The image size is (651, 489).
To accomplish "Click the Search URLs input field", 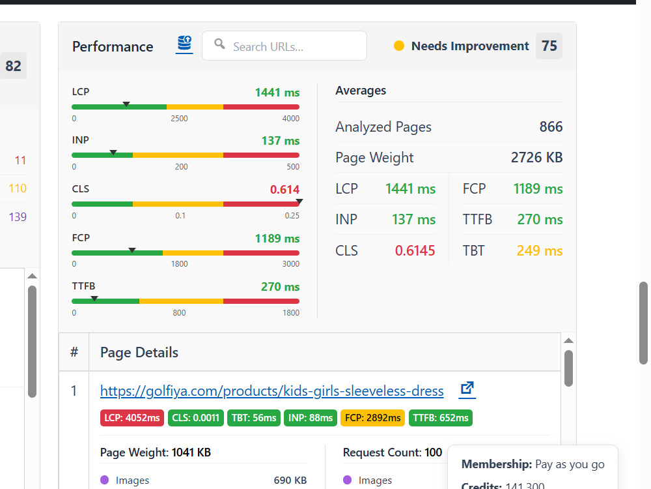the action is pos(284,46).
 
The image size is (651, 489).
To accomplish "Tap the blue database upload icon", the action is pos(184,44).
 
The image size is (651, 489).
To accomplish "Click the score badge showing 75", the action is pos(549,46).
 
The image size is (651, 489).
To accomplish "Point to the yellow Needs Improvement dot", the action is pos(398,46).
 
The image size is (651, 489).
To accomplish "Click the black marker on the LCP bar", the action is pos(126,104).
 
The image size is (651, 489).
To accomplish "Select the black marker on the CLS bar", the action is pos(299,201).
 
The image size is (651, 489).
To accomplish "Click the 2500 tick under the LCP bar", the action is pos(180,119).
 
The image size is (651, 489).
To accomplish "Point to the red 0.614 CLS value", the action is pos(285,190).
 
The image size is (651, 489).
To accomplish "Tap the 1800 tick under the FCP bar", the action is pos(180,264).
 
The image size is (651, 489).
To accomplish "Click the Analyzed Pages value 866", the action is pos(551,126).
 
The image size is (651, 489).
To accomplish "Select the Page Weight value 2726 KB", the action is pos(537,158).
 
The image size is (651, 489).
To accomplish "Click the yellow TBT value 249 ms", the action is pos(540,251).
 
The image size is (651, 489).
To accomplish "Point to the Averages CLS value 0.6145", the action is pos(415,251).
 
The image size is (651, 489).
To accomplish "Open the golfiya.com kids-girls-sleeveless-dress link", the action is pos(272,391).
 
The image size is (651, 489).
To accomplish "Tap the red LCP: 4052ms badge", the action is pos(132,418).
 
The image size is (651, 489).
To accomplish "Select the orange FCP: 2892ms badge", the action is pos(373,418).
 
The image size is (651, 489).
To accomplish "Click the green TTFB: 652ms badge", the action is pos(441,418).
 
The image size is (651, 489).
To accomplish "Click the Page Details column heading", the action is pos(139,353).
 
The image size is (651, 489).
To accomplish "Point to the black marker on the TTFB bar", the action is pos(94,299).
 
